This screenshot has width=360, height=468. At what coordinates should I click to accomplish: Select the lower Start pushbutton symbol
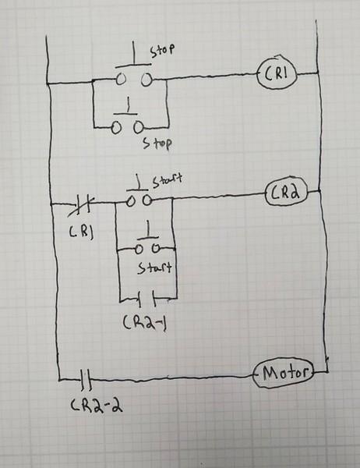pyautogui.click(x=146, y=244)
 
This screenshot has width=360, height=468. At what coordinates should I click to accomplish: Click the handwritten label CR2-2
pyautogui.click(x=93, y=406)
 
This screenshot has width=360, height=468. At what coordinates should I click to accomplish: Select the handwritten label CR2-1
pyautogui.click(x=146, y=321)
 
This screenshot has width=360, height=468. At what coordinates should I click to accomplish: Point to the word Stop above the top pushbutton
pyautogui.click(x=161, y=48)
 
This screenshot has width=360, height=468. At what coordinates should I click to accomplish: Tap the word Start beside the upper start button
pyautogui.click(x=167, y=182)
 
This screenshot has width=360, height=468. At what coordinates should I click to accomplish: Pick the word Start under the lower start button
pyautogui.click(x=154, y=268)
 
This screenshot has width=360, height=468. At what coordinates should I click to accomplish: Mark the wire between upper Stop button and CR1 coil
pyautogui.click(x=203, y=76)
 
